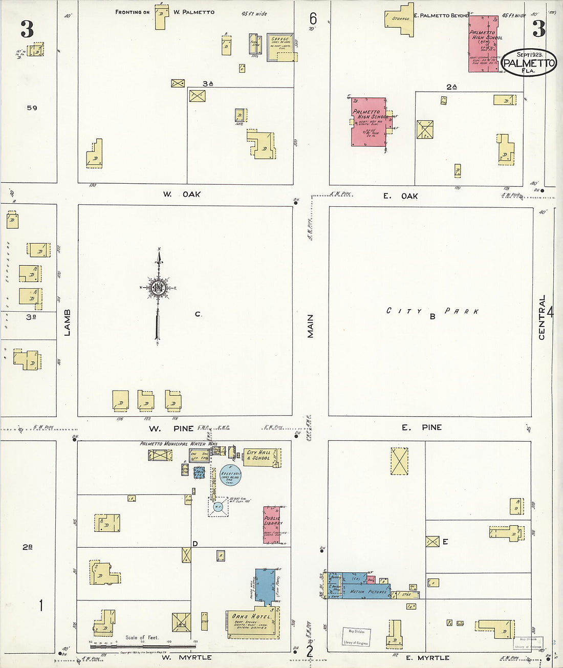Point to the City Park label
[x=432, y=311]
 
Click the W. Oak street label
[x=182, y=195]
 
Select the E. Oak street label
[x=401, y=196]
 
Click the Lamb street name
[x=68, y=322]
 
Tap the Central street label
[x=542, y=317]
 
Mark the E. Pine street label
[x=421, y=427]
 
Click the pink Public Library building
[x=272, y=525]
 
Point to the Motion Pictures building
[x=369, y=591]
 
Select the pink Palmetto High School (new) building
[x=484, y=44]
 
